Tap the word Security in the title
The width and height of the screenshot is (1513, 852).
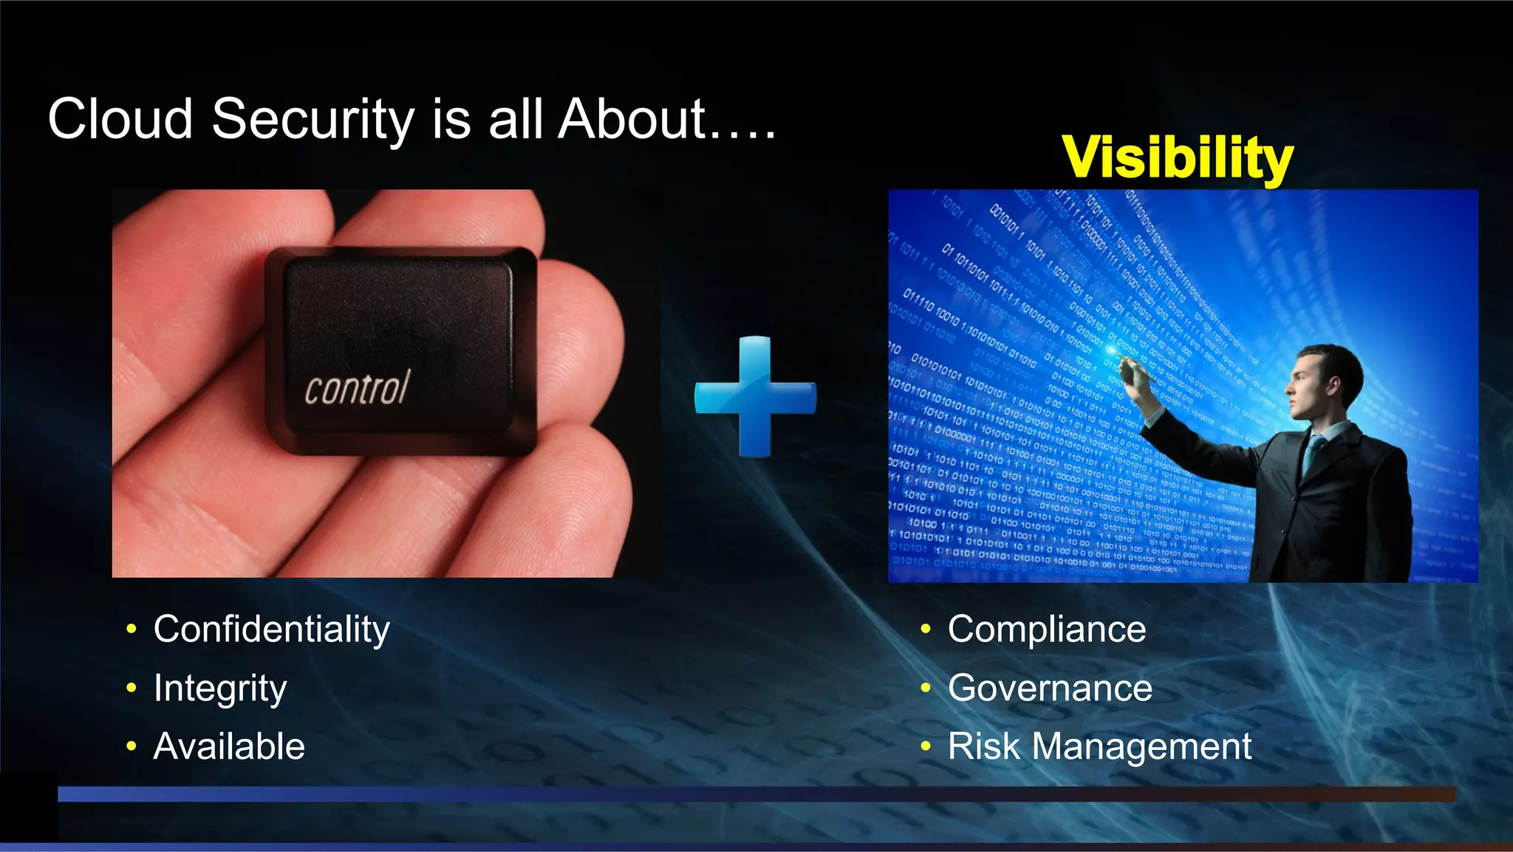(313, 120)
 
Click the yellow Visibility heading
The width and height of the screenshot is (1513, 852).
(1178, 157)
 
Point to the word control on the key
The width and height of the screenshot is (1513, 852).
(357, 388)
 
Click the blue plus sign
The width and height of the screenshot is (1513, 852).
(755, 397)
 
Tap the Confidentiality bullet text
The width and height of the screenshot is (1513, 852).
(271, 630)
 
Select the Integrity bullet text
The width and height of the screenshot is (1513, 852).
(220, 689)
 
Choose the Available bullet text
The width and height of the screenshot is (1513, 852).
(229, 746)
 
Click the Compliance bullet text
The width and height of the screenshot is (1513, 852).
(1047, 630)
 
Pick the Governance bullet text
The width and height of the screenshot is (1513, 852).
(1050, 688)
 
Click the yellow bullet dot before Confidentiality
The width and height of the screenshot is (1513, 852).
(132, 630)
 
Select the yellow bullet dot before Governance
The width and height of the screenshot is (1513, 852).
(926, 688)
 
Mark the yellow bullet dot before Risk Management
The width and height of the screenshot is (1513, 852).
(926, 746)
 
